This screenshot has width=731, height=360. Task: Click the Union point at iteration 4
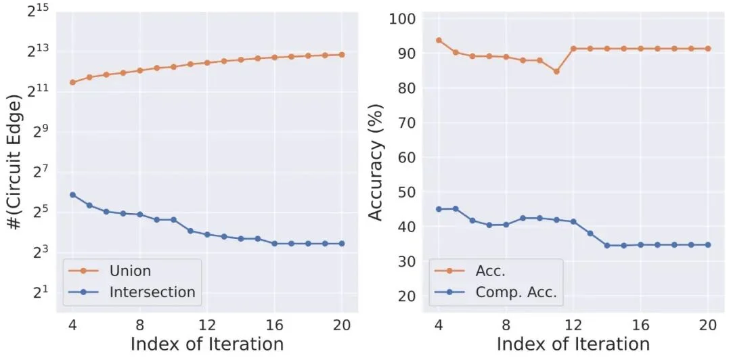(72, 83)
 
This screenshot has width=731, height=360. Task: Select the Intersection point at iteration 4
(72, 195)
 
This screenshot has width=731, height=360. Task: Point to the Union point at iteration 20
(342, 55)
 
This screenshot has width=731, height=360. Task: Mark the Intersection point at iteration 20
(342, 244)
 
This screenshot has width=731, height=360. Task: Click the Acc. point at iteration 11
(556, 71)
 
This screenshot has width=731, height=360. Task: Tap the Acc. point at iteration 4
(439, 41)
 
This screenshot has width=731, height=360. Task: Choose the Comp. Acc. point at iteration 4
(439, 209)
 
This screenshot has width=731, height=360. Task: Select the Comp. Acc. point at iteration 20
(708, 245)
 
